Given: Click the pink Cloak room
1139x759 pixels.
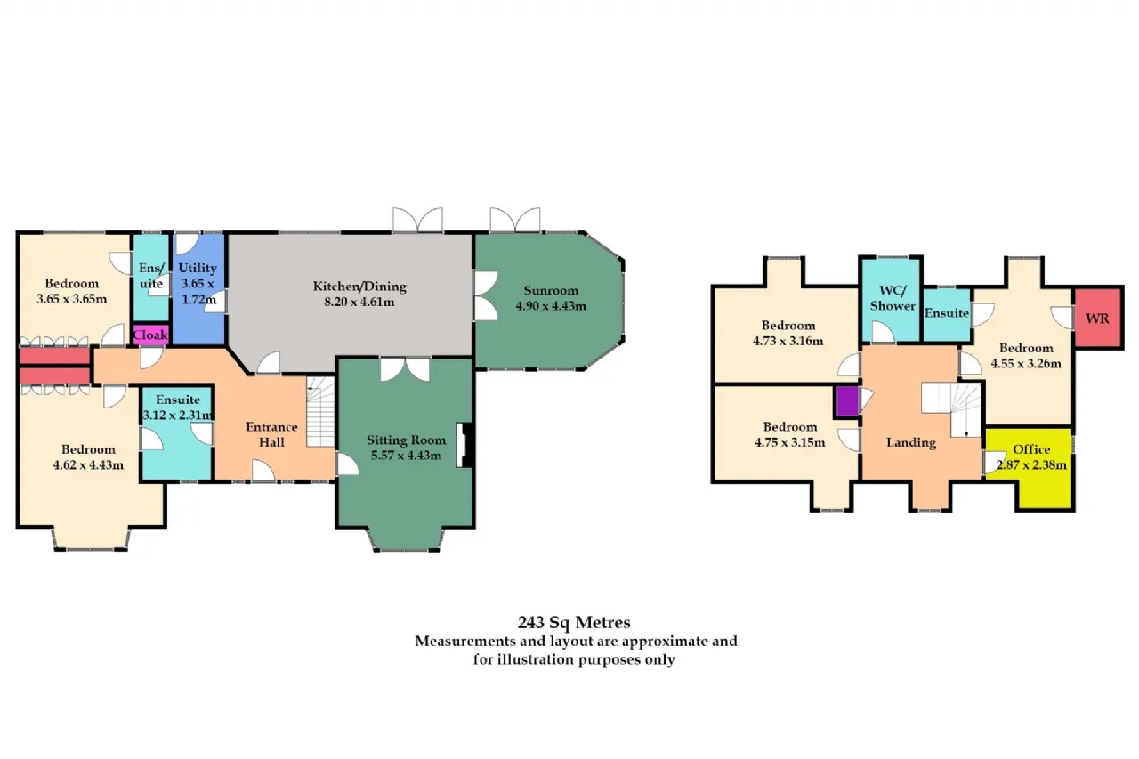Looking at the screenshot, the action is [x=150, y=335].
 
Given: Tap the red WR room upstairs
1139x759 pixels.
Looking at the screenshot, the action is [x=1098, y=319].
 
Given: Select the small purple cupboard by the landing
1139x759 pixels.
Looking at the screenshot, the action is [x=847, y=402].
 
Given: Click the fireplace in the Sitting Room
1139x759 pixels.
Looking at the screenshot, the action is [x=464, y=445].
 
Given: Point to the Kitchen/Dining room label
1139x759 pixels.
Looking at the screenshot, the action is [x=359, y=287].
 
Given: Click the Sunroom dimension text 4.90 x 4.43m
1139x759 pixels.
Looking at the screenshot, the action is [x=551, y=306].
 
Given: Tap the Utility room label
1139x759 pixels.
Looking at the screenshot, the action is [x=198, y=268].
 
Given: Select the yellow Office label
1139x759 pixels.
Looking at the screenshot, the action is [x=1031, y=449].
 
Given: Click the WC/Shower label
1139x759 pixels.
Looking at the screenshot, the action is [x=893, y=298].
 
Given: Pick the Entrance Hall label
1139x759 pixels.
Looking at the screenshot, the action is [x=271, y=434].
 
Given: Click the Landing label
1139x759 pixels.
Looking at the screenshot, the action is [x=910, y=443].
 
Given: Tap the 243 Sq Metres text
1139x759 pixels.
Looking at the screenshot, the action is [x=574, y=622].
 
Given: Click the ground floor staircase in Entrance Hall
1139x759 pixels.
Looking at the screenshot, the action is [x=321, y=412].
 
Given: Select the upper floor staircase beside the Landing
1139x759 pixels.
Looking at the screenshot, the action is [x=952, y=409].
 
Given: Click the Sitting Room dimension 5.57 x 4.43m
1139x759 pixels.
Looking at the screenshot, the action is [x=406, y=456].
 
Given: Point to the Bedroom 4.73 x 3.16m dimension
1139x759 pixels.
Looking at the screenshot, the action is [x=788, y=341].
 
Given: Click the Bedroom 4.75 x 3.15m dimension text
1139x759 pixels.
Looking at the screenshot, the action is [x=789, y=443].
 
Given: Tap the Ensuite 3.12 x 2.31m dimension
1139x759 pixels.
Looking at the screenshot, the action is [x=177, y=415].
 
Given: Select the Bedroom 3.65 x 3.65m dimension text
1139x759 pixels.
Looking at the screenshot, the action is [x=72, y=299].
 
